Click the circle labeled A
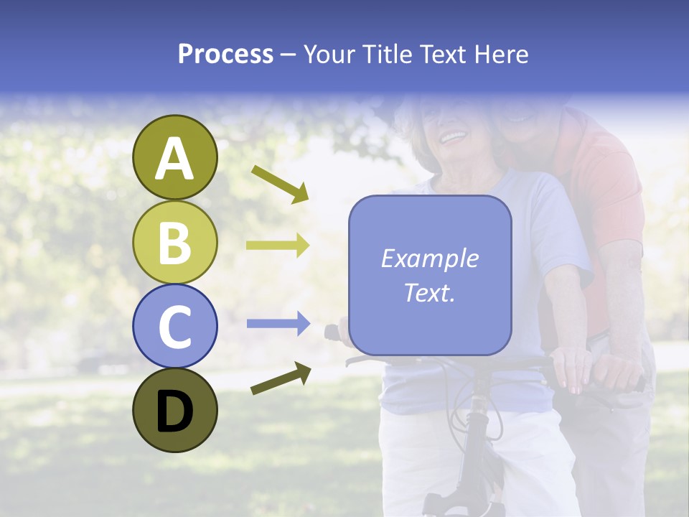pos(174,158)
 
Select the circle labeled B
pos(174,243)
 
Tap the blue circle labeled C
pos(174,326)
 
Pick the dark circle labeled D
pos(174,410)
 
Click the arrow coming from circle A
pos(280,183)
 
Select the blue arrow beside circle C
pos(278,325)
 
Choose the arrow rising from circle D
pos(281,378)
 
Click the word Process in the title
pos(225,54)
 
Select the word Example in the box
pos(429,258)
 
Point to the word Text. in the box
pos(429,292)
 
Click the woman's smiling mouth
pos(452,136)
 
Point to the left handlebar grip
pos(332,332)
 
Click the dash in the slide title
pos(289,54)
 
